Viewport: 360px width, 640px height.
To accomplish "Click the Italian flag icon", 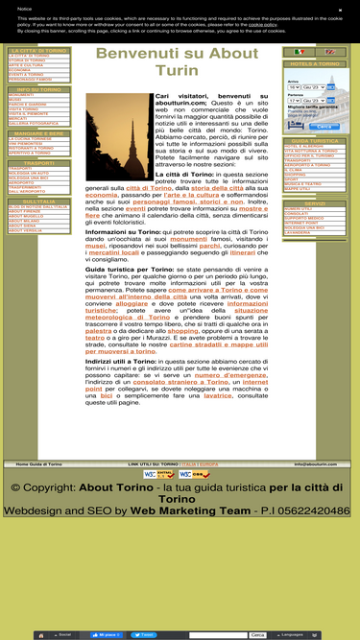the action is click(x=300, y=52).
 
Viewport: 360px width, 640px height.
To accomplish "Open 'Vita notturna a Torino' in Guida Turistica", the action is click(x=311, y=151).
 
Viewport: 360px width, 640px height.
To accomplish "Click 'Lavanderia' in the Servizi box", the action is click(x=300, y=232).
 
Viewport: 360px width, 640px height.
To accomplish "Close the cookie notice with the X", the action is click(x=341, y=10).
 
